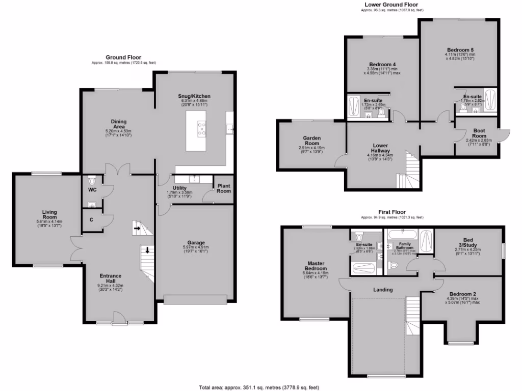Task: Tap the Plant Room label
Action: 223,188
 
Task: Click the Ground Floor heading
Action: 123,58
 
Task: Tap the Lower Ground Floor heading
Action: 392,4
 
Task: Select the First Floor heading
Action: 391,211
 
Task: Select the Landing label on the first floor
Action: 383,290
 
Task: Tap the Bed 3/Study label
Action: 468,242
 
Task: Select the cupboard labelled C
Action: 91,220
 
